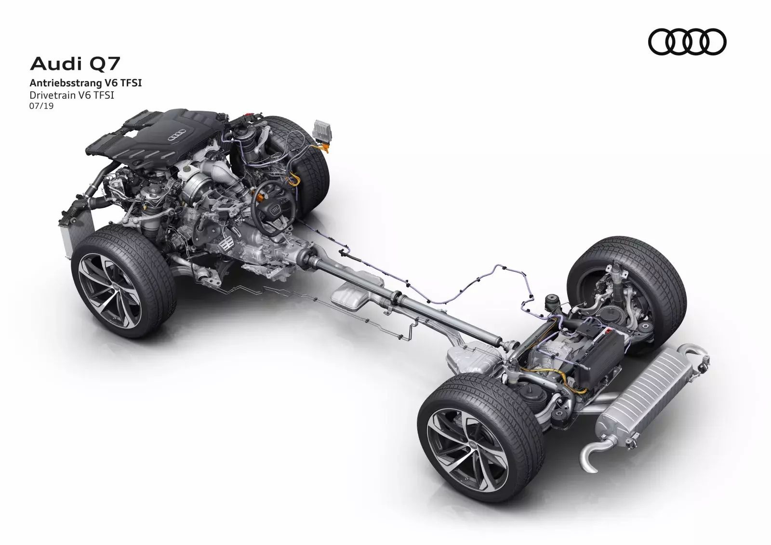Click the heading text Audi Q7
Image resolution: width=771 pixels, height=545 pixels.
pos(75,65)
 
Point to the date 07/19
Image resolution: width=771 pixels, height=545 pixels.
pos(41,106)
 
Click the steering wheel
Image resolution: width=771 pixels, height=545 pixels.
pos(272,208)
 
